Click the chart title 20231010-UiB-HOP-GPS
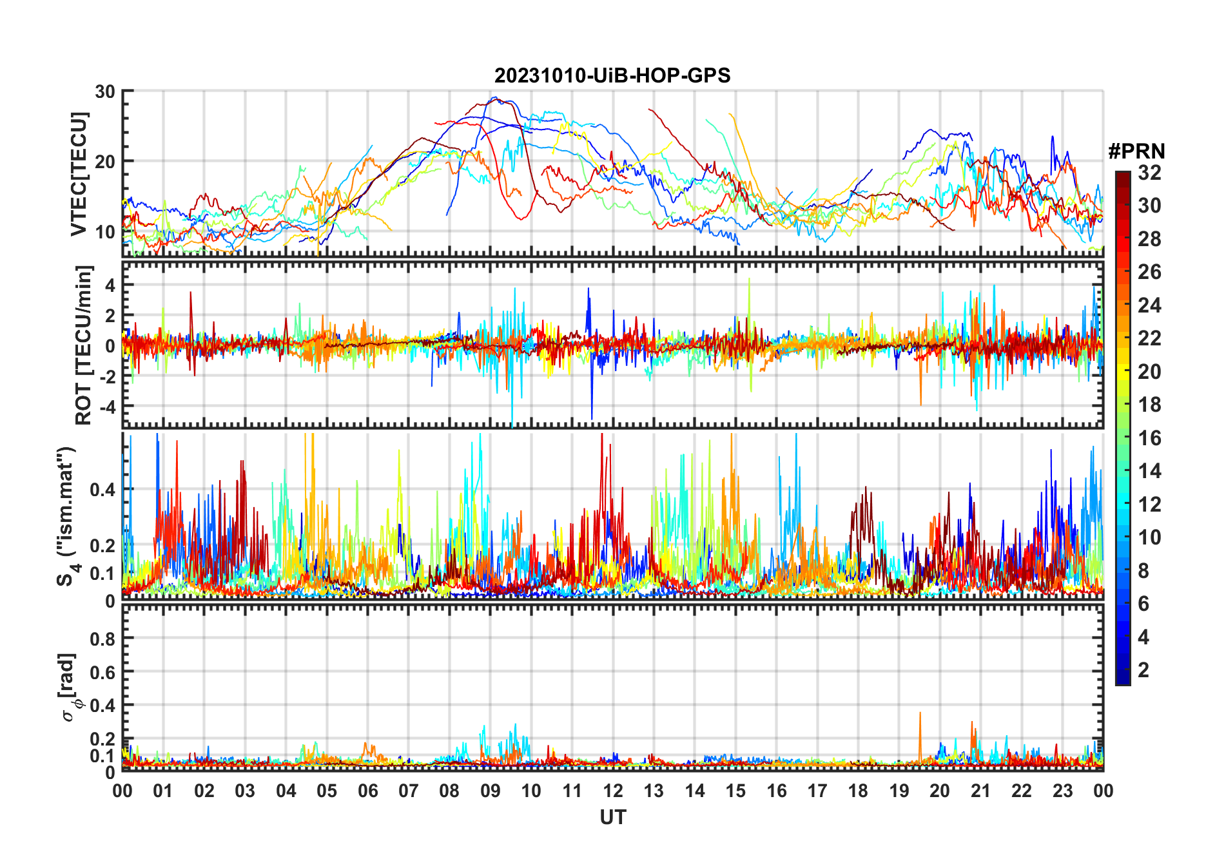[x=612, y=75]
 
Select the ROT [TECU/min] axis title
[x=84, y=345]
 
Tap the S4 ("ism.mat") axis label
[x=67, y=515]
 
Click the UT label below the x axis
[x=612, y=817]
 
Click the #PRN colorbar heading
[x=1136, y=151]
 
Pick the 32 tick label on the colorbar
[x=1149, y=173]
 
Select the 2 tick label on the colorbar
[x=1143, y=670]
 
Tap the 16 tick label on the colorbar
[x=1149, y=438]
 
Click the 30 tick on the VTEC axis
[x=105, y=91]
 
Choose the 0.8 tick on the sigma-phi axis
[x=102, y=639]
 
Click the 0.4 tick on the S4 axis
[x=102, y=490]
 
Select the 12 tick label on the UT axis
[x=613, y=791]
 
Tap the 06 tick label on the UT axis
[x=368, y=791]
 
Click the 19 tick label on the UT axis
[x=899, y=791]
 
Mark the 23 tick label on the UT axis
[x=1062, y=791]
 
